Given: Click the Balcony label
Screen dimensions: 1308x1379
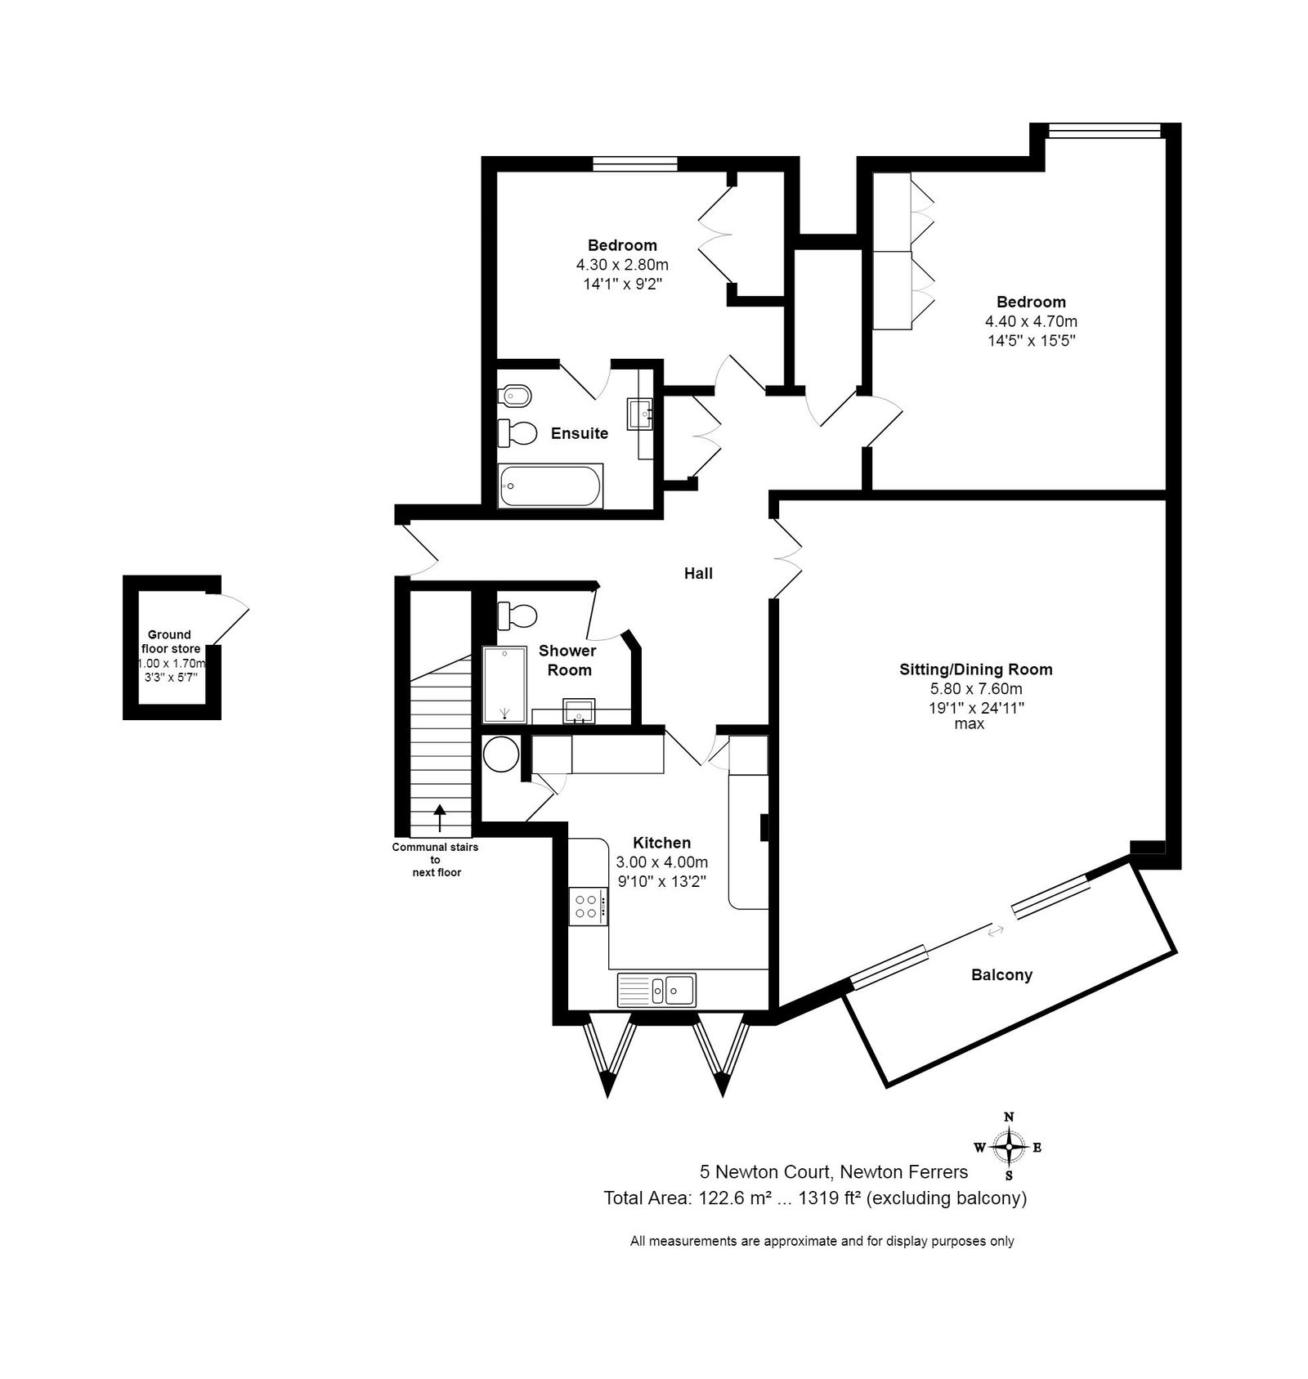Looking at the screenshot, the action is coord(1001,974).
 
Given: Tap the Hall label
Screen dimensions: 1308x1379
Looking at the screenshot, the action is coord(698,573).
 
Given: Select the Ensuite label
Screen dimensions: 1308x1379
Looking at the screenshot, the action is coord(580,433).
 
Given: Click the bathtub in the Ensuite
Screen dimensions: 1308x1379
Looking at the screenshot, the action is coord(551,486).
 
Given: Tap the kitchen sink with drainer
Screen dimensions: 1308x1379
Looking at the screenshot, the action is coord(656,989).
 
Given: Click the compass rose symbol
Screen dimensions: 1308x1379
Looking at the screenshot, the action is coord(1010,1147).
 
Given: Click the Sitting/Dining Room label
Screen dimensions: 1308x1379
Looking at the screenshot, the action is coord(976,669).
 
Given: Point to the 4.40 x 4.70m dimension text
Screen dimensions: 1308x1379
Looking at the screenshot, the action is coord(1031,321).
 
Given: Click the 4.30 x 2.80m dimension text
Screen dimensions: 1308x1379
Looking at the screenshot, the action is coord(622,265).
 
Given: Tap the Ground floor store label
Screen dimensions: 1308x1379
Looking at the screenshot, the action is coord(170,642).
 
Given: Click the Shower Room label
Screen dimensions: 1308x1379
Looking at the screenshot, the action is coord(567,660).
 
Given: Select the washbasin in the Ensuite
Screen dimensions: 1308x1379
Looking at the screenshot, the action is coord(640,414).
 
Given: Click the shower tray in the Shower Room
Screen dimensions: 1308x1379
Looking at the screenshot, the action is coord(504,685).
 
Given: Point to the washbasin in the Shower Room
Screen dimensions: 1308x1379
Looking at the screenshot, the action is coord(580,711).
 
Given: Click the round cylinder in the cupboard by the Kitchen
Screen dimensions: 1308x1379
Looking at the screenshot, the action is coord(500,754).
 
